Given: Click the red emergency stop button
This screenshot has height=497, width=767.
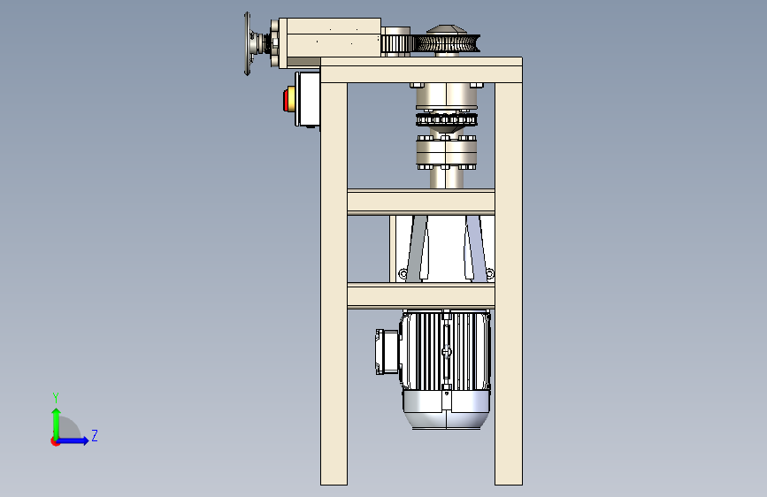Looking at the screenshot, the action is pyautogui.click(x=286, y=100).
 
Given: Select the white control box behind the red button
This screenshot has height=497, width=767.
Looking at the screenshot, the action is pyautogui.click(x=307, y=99).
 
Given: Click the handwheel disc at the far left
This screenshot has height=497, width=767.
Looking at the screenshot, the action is pyautogui.click(x=247, y=43).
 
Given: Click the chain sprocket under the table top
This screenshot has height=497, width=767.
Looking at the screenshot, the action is pyautogui.click(x=446, y=119).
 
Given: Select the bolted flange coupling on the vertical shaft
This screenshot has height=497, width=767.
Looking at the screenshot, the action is pyautogui.click(x=446, y=152).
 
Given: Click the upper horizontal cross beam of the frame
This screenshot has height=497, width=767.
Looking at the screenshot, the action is pyautogui.click(x=421, y=202).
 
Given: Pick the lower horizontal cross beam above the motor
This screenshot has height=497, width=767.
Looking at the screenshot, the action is pyautogui.click(x=421, y=296).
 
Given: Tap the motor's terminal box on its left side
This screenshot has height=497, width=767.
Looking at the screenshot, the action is pyautogui.click(x=387, y=352).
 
